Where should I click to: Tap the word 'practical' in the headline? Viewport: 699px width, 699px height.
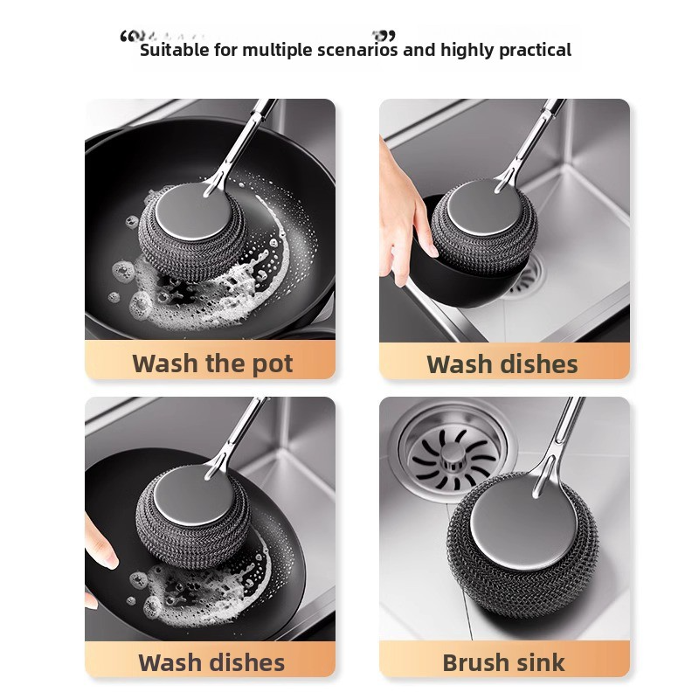(x=535, y=50)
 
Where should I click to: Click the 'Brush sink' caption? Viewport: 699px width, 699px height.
(x=504, y=661)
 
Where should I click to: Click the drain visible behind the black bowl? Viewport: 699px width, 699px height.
(x=529, y=278)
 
